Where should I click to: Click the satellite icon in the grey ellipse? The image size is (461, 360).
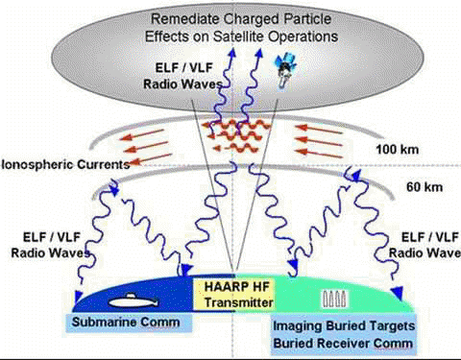(x=285, y=70)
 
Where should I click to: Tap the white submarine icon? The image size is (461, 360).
(x=133, y=301)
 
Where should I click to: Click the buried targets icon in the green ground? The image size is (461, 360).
(x=334, y=300)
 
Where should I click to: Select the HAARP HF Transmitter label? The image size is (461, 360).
(x=238, y=295)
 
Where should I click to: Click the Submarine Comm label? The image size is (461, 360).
(x=126, y=322)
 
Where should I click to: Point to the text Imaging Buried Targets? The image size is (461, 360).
(x=344, y=326)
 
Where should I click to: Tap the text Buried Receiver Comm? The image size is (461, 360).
(x=343, y=343)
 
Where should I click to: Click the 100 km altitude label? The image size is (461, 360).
(x=397, y=149)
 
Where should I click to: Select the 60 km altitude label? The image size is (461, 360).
(x=425, y=187)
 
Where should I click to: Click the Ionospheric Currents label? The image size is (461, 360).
(x=65, y=164)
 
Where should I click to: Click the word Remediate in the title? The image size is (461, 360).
(x=184, y=19)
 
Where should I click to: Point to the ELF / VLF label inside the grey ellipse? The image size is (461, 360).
(x=183, y=68)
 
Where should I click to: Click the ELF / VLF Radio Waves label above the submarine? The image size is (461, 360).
(x=51, y=245)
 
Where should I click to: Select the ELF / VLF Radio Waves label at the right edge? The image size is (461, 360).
(x=425, y=245)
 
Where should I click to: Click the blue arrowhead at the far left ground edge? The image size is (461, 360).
(x=78, y=296)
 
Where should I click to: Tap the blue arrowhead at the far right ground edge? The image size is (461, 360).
(x=397, y=293)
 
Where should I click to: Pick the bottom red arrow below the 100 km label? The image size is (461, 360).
(x=319, y=154)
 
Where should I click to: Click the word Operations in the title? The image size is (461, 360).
(x=303, y=36)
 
